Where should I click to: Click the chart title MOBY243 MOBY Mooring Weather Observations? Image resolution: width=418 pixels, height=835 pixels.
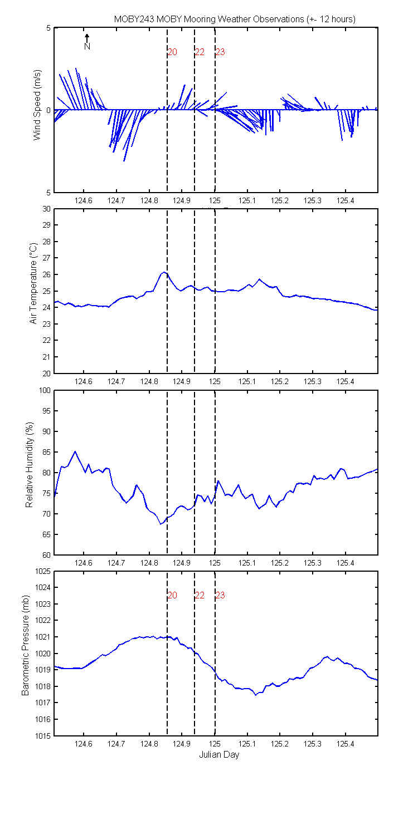tap(209, 19)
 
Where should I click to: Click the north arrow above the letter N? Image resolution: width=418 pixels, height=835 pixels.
tap(87, 38)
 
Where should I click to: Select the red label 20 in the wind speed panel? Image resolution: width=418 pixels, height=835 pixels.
tap(172, 52)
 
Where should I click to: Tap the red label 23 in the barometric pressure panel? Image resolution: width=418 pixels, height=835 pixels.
tap(220, 595)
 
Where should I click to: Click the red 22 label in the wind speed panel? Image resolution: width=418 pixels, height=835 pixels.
tap(200, 52)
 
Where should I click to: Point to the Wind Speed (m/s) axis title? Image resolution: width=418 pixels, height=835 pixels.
tap(37, 105)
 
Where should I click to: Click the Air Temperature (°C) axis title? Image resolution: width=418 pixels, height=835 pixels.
tap(33, 283)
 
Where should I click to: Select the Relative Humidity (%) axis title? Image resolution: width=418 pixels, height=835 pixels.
tap(29, 465)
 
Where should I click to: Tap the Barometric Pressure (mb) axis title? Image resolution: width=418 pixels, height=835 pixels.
tap(25, 645)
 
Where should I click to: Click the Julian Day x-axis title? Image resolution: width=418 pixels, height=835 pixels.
tap(219, 754)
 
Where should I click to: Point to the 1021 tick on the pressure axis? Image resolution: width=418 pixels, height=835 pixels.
tap(43, 637)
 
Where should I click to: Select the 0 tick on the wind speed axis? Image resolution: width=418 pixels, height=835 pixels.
tap(48, 110)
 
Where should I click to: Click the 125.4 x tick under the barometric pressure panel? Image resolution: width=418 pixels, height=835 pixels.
tap(345, 744)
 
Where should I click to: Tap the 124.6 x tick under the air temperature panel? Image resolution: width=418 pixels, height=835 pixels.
tap(83, 381)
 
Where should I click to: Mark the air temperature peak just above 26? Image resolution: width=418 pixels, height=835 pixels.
tap(164, 272)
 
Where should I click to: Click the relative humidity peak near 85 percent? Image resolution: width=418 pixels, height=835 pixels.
tap(75, 451)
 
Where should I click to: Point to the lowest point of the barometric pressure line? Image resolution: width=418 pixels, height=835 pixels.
tap(256, 695)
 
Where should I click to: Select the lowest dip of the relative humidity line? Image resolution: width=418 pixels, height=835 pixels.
tap(161, 524)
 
